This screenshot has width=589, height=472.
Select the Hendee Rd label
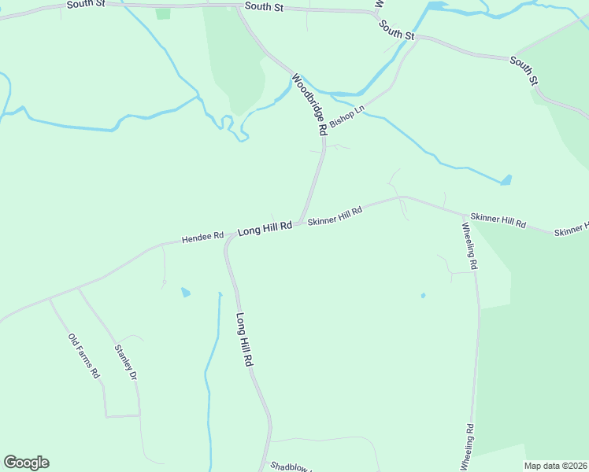pyautogui.click(x=203, y=236)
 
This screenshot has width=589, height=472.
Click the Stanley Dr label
pyautogui.click(x=126, y=363)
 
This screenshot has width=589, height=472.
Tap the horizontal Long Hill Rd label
pyautogui.click(x=265, y=227)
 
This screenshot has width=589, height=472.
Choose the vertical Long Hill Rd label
pyautogui.click(x=244, y=339)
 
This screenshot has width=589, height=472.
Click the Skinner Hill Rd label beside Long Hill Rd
pyautogui.click(x=335, y=216)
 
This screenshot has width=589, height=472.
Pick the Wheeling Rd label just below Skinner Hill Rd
pyautogui.click(x=468, y=246)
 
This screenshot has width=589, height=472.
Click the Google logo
pyautogui.click(x=26, y=463)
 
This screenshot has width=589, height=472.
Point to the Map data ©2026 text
pyautogui.click(x=556, y=466)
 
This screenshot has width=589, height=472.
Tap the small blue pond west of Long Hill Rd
pyautogui.click(x=185, y=293)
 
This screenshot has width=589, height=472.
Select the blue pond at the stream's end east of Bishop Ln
pyautogui.click(x=506, y=180)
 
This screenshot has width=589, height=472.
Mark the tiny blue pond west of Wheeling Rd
pyautogui.click(x=423, y=296)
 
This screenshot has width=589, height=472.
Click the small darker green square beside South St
pyautogui.click(x=163, y=13)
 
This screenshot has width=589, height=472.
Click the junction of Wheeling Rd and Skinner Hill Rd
pyautogui.click(x=463, y=213)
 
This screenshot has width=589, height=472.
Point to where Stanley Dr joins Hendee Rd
pyautogui.click(x=77, y=289)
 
